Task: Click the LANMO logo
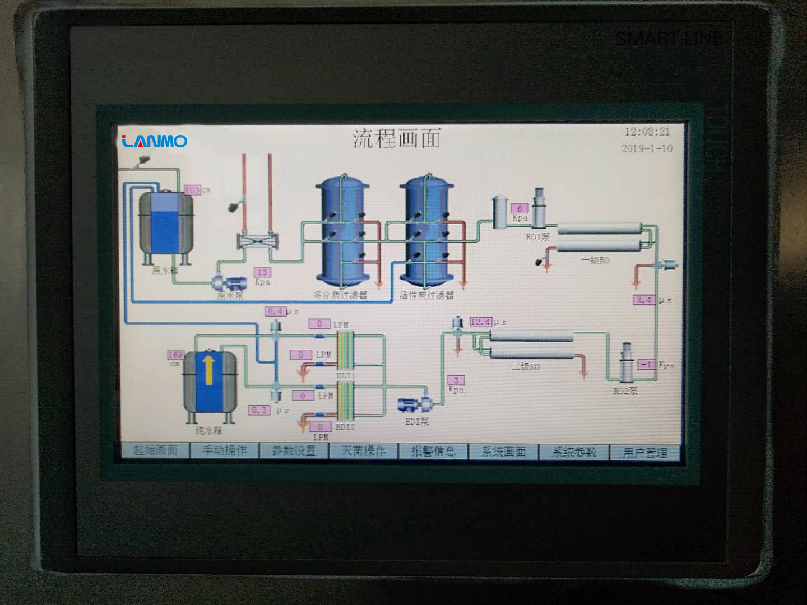click(x=155, y=141)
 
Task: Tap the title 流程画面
click(x=397, y=138)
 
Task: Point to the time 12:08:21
click(x=647, y=132)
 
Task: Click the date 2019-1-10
click(x=647, y=148)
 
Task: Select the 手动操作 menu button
click(x=224, y=450)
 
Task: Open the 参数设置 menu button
click(x=294, y=450)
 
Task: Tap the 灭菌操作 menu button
click(x=364, y=451)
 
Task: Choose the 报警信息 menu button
click(x=433, y=452)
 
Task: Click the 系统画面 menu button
click(x=503, y=452)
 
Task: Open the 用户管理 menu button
click(x=644, y=453)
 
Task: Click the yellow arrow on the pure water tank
click(x=209, y=370)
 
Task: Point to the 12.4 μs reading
click(x=480, y=322)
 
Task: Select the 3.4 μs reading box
click(x=644, y=300)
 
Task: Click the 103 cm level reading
click(x=192, y=190)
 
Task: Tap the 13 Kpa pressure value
click(x=262, y=272)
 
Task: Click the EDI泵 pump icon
click(x=413, y=404)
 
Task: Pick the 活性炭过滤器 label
click(x=426, y=295)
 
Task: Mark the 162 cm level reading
click(x=175, y=355)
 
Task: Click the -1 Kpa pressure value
click(x=647, y=365)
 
